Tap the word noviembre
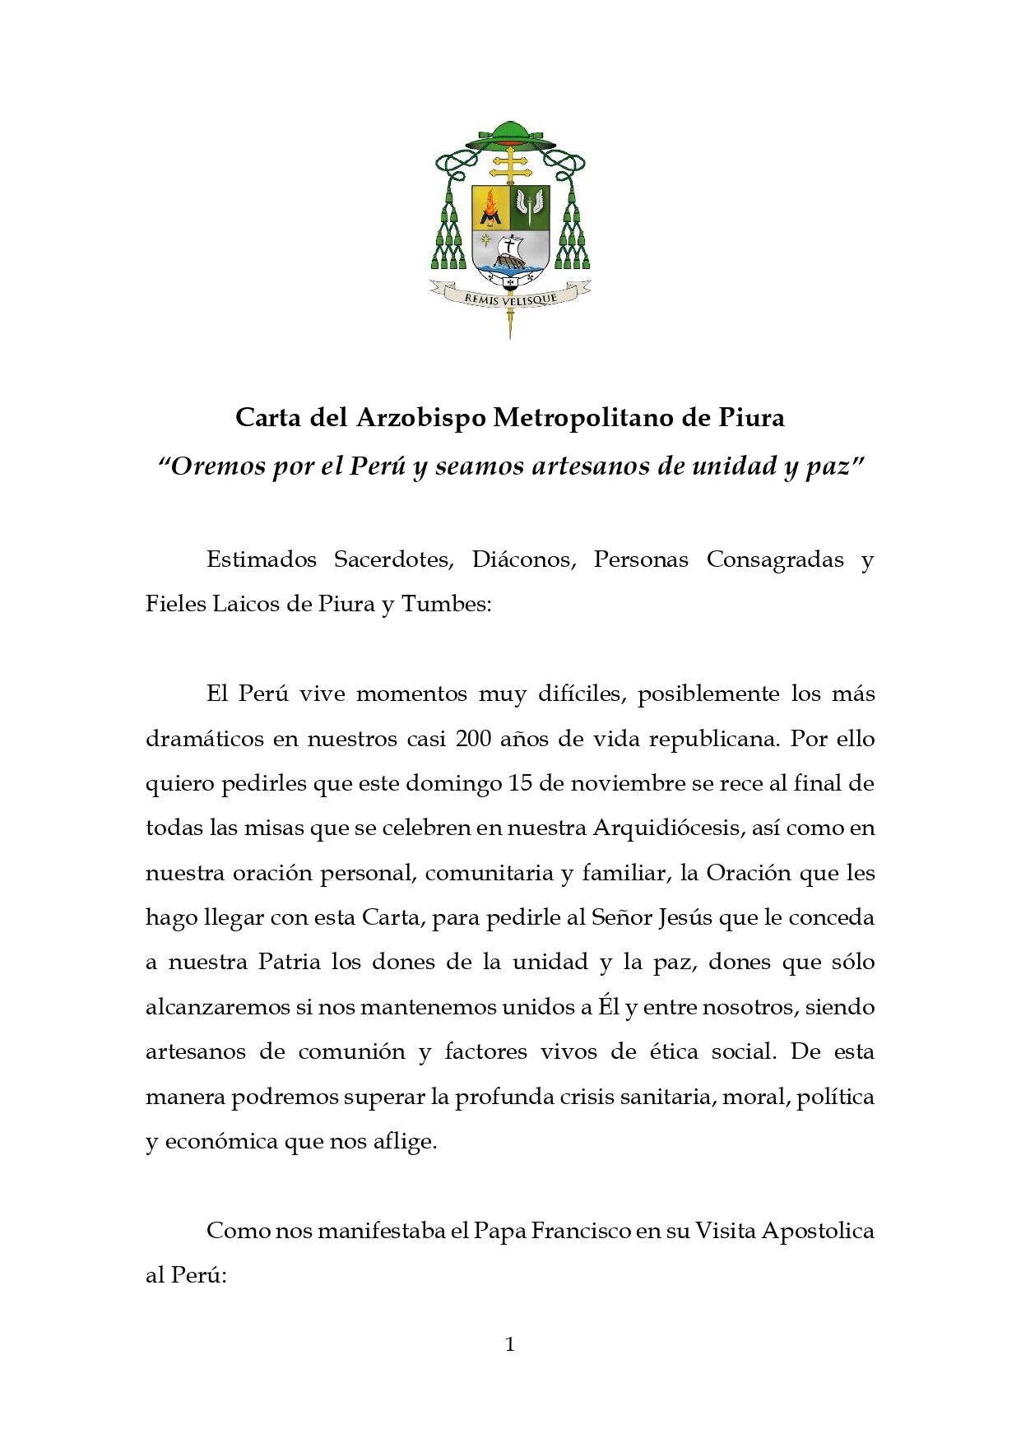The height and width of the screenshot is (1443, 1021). [x=606, y=783]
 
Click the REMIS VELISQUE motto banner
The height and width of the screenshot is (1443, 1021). [x=511, y=298]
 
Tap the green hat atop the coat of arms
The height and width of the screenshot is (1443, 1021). [x=511, y=137]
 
